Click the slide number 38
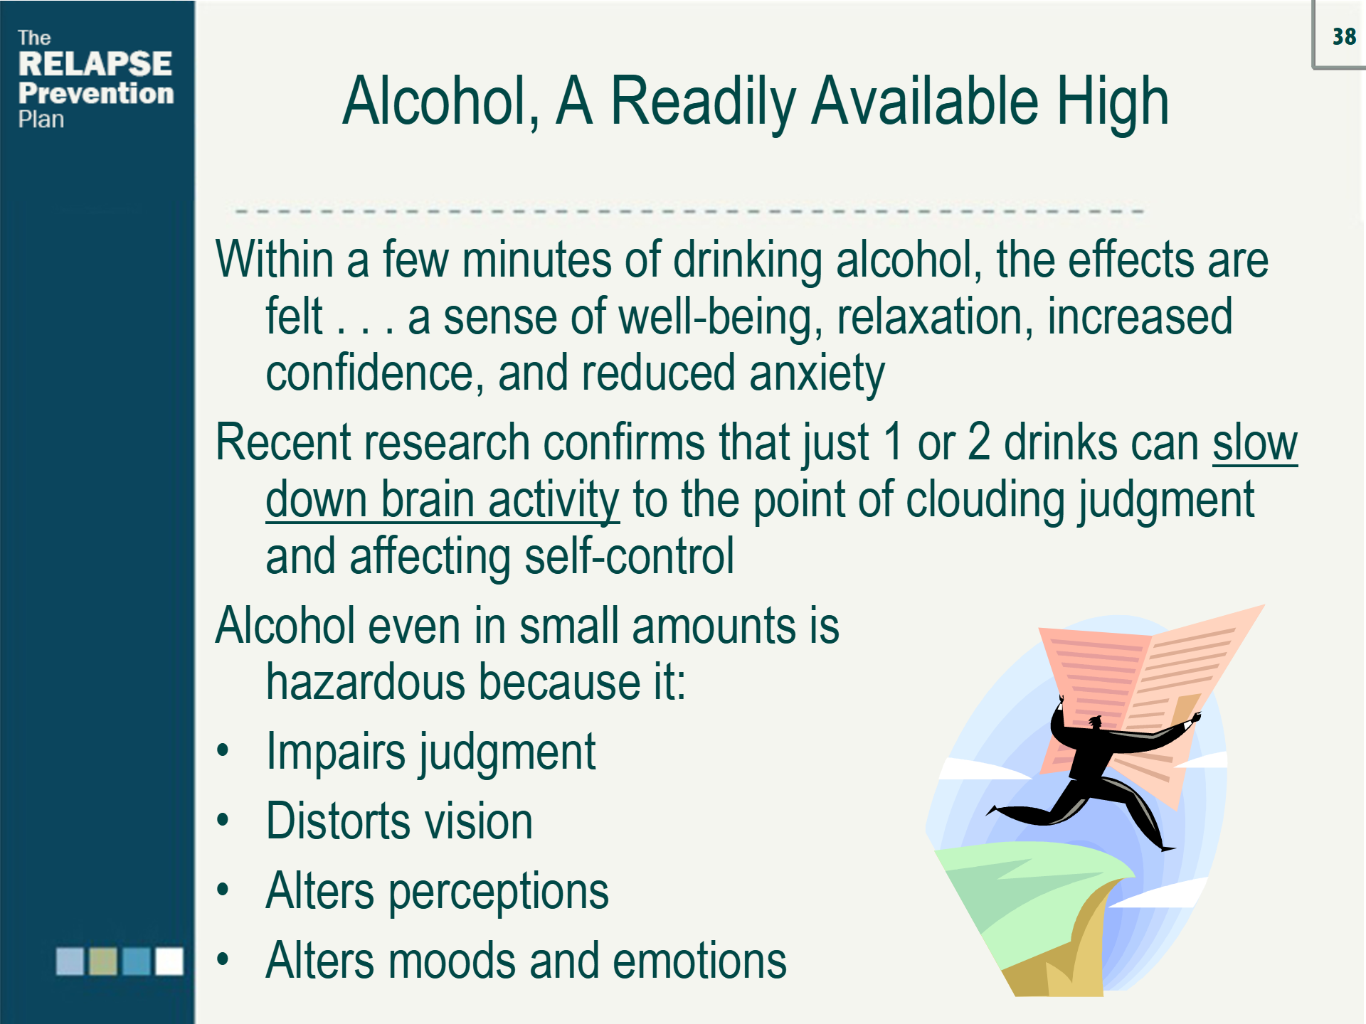1344,37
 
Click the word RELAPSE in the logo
95,64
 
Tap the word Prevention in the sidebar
96,93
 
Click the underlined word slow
1255,443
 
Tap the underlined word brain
428,499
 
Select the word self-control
629,556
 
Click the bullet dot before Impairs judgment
223,750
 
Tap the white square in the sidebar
169,961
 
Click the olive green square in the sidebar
103,961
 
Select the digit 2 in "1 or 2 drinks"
979,443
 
